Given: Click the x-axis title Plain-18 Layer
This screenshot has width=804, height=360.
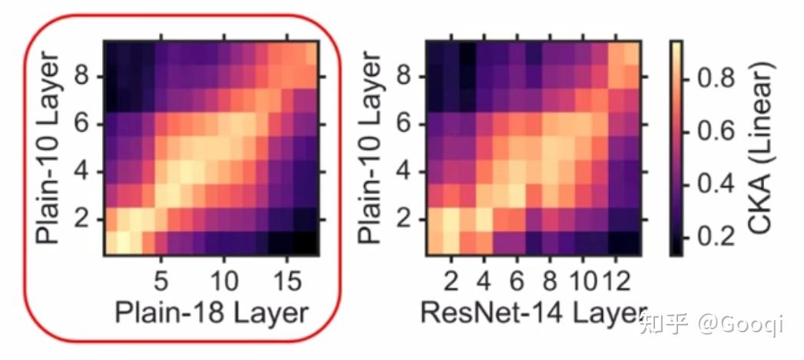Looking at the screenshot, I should point(211,313).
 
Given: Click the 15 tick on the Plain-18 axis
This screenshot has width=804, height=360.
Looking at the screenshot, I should point(286,276).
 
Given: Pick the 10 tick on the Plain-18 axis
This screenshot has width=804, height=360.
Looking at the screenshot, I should point(223,276).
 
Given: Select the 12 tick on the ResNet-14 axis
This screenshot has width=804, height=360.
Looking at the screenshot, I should point(614,276).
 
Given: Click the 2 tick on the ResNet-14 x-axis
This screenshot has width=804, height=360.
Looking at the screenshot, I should point(452,276).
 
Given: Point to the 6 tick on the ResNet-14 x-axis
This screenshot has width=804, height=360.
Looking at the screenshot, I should point(516,276).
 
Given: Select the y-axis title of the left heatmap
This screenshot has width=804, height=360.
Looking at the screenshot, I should point(48,148).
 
